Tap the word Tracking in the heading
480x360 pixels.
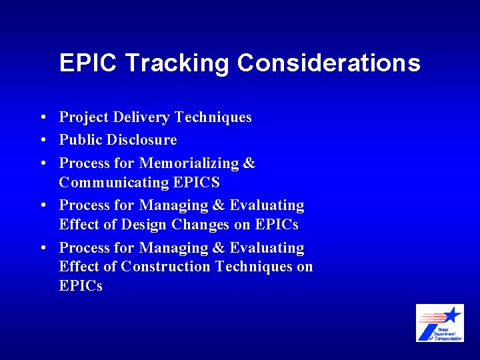tap(177, 64)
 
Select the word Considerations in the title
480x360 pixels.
tap(329, 63)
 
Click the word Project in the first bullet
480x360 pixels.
tap(84, 118)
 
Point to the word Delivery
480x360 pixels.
tap(142, 118)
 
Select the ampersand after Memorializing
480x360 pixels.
tap(249, 163)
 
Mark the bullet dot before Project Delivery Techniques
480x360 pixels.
tap(42, 119)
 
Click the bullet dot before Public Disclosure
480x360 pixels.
tap(42, 141)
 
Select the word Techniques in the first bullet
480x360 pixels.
tap(213, 118)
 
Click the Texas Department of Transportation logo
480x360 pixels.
tap(439, 323)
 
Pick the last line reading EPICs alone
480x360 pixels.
tap(81, 287)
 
